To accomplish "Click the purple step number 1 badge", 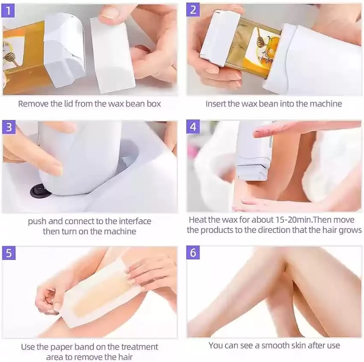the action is (x=8, y=11).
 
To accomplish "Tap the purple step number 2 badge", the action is (x=193, y=10).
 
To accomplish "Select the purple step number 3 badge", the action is (x=9, y=127).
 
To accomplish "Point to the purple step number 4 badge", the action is (x=193, y=127).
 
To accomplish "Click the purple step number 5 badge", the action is (x=9, y=253).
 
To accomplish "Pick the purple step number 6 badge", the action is (x=193, y=252).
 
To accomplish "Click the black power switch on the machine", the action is (x=39, y=191).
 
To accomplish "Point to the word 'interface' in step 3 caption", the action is (x=135, y=221).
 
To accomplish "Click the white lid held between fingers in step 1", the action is (x=113, y=54).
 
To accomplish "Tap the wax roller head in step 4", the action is (x=253, y=171).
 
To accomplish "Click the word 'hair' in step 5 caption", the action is (x=125, y=357).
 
